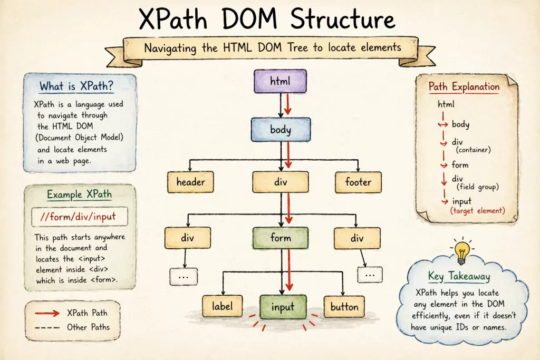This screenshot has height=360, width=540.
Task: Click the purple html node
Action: pos(280,82)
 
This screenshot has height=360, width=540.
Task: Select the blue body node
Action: pos(280,129)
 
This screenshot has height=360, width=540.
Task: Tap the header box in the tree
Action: pos(190,182)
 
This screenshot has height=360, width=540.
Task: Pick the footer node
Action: pos(358,182)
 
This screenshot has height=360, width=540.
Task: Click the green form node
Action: pos(280,238)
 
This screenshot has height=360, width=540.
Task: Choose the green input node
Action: pos(283,307)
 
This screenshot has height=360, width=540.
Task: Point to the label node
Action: pos(222,307)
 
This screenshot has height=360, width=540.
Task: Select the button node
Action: pos(344,307)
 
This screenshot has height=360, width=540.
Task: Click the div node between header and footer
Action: pos(280,182)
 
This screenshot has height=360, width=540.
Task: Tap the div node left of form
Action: pos(187,238)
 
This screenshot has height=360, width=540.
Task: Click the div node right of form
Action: pos(357,238)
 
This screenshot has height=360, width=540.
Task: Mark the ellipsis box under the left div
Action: pos(184,276)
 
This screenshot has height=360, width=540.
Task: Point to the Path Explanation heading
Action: pos(464,86)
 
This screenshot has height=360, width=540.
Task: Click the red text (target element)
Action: pos(478,211)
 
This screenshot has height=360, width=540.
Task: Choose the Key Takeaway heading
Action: pos(459,277)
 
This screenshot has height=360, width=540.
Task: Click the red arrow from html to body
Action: pos(287,104)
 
